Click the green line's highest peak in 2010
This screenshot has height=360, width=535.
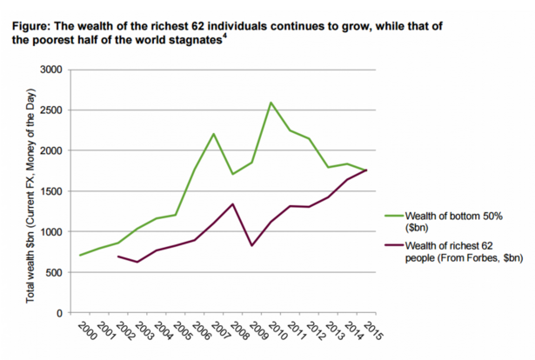click(x=271, y=103)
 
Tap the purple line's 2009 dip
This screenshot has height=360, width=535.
click(x=252, y=245)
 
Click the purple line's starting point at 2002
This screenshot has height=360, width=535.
click(x=117, y=257)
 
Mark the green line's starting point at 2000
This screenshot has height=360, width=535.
click(x=79, y=255)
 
